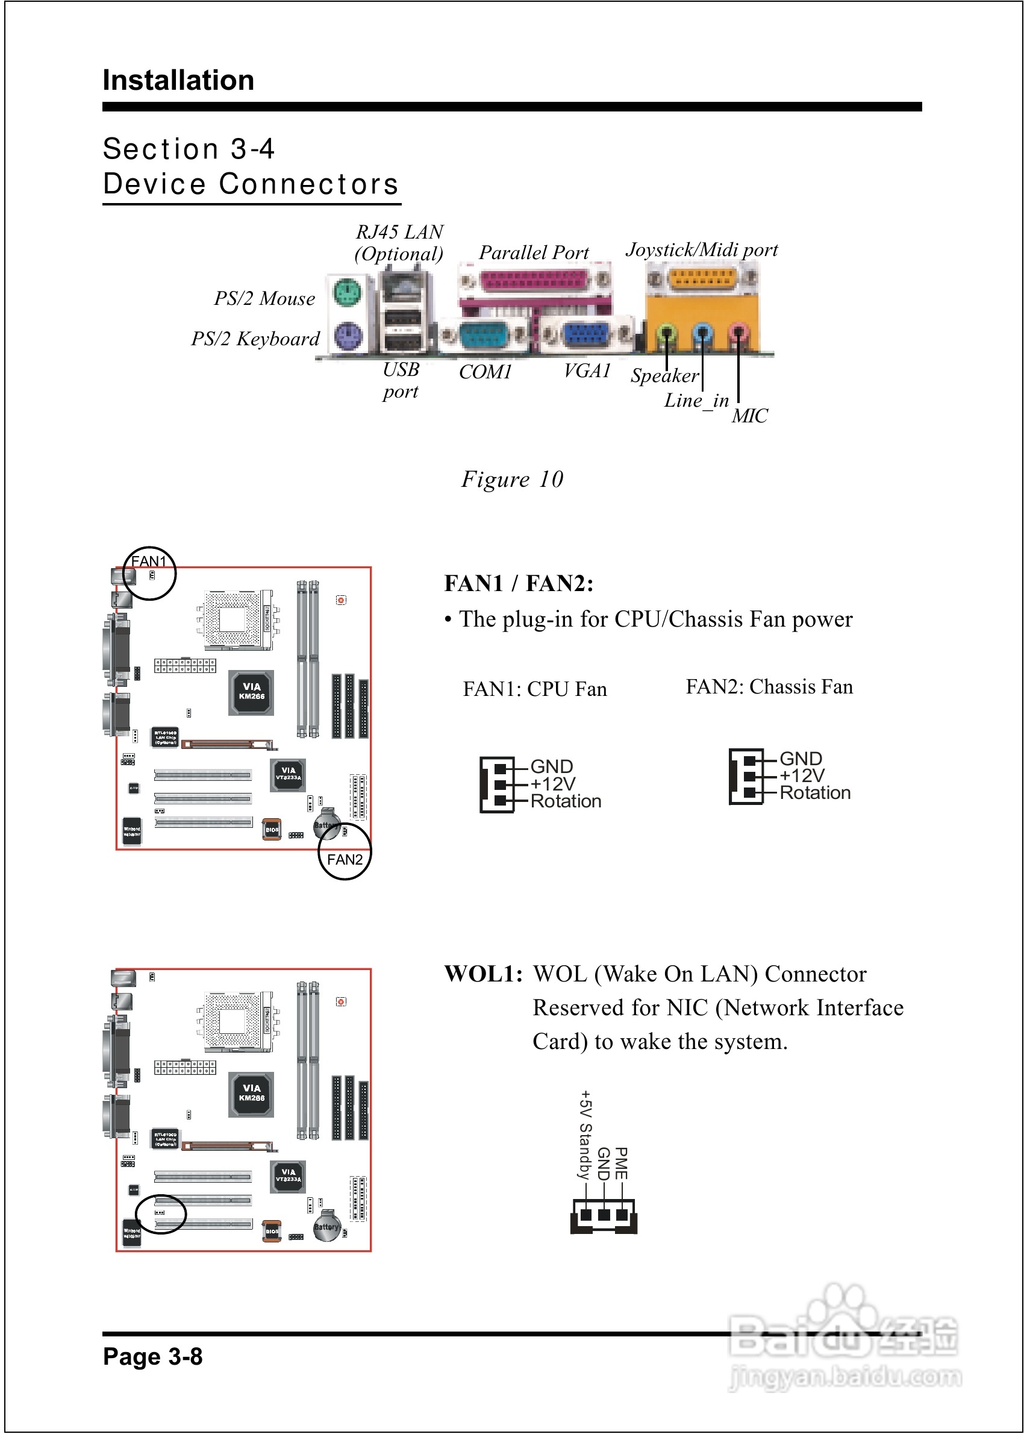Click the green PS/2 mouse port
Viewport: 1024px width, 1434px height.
[348, 293]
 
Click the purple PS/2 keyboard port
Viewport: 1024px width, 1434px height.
[348, 336]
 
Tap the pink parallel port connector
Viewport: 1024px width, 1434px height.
[534, 280]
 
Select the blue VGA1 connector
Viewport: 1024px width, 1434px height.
[585, 335]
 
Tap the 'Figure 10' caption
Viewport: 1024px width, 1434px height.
[512, 479]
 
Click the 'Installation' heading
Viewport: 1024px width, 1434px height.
[178, 81]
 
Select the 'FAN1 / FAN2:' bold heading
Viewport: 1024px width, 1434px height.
[518, 583]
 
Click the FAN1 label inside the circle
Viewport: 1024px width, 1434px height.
[149, 561]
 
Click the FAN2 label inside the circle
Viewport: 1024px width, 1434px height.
[345, 860]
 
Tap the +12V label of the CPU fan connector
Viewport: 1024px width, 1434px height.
[553, 784]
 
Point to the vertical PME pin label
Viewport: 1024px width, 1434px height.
[622, 1163]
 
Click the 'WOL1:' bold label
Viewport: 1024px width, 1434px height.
[483, 974]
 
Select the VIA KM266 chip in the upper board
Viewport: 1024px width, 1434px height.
[251, 692]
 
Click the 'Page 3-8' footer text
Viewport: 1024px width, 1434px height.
[152, 1356]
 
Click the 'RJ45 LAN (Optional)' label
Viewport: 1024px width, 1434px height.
[399, 243]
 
